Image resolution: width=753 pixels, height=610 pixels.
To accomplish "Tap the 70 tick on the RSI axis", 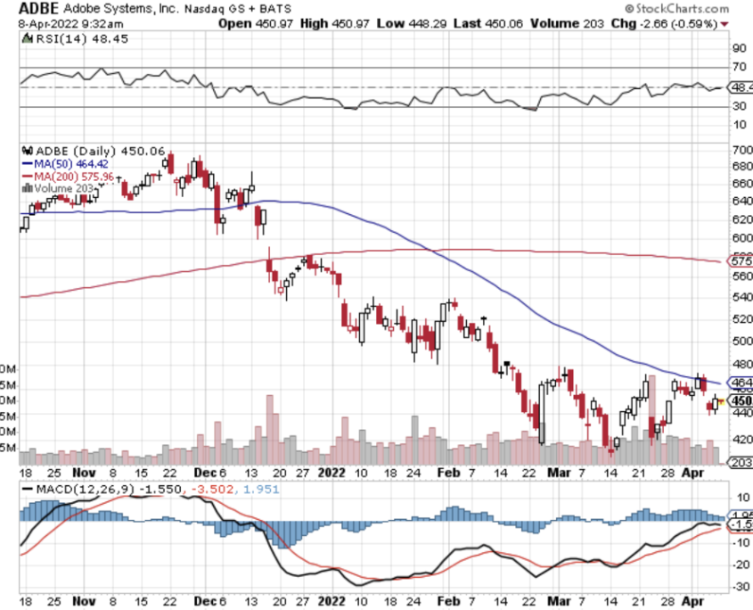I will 739,67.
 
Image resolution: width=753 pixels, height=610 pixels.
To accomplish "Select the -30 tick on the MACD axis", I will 740,586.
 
